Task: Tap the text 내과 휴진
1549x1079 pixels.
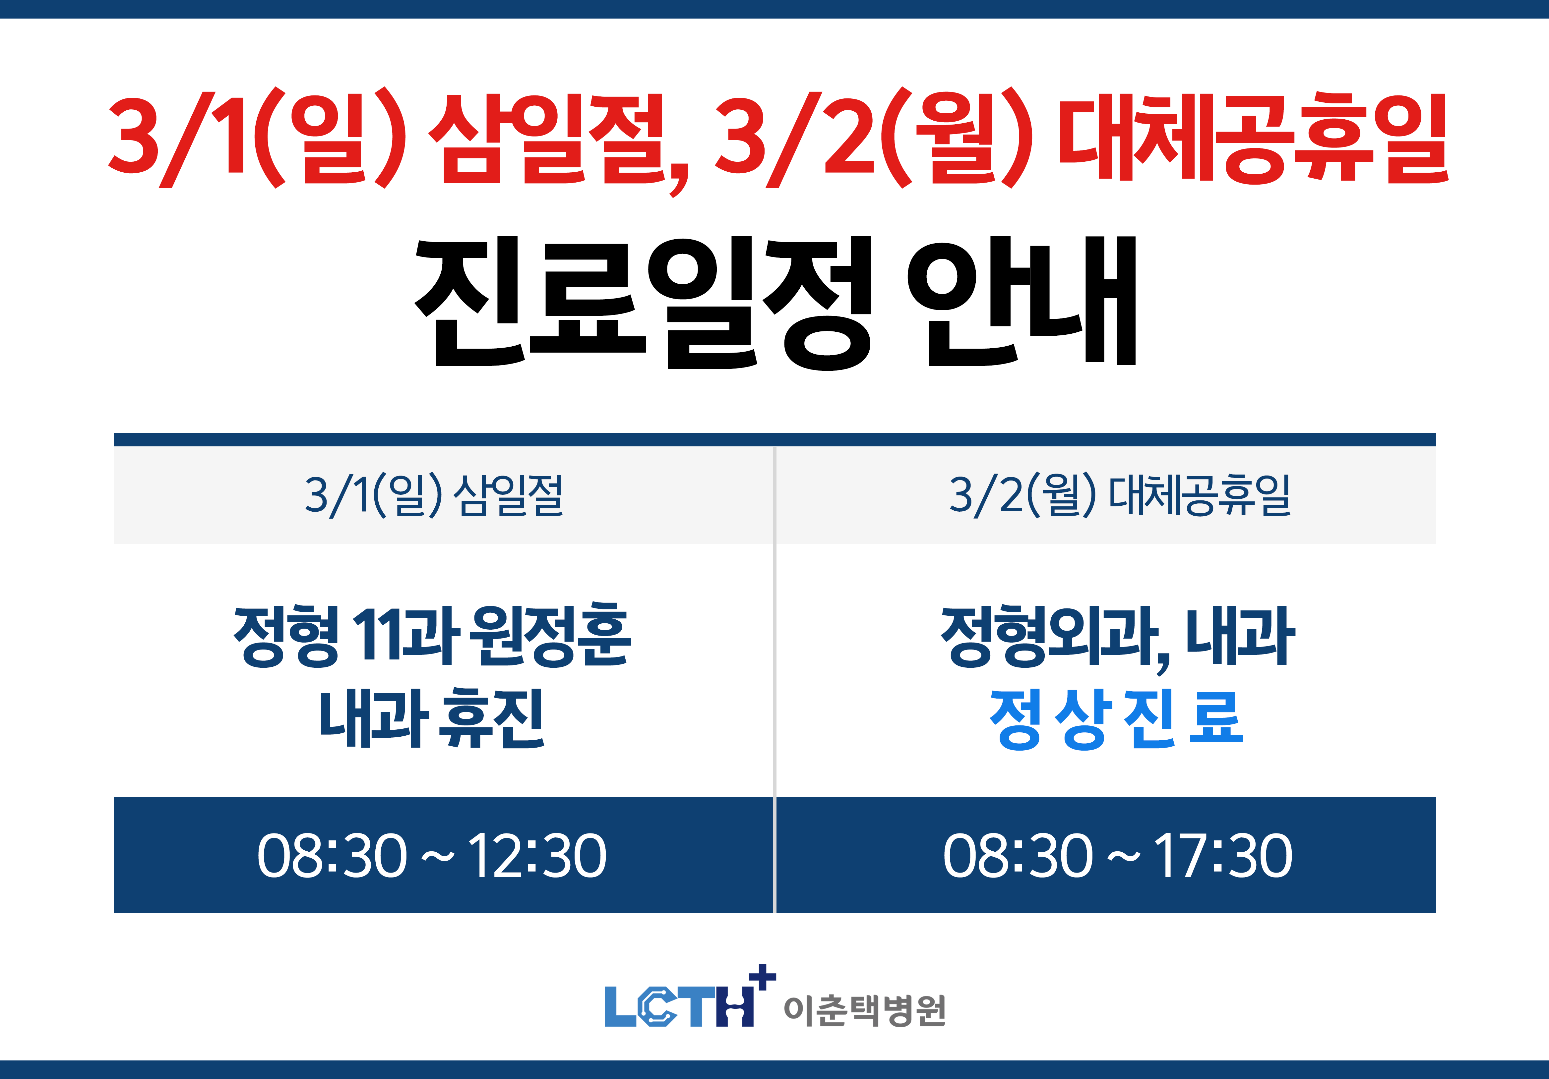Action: (x=432, y=719)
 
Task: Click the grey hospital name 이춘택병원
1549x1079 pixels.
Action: (x=865, y=1010)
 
